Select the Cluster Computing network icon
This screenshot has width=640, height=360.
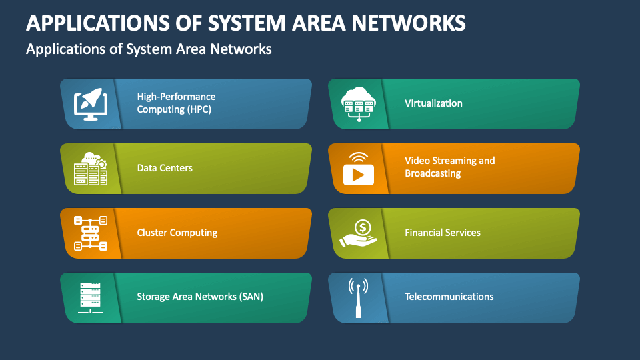click(x=90, y=233)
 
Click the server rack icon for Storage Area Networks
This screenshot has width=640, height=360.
click(x=90, y=297)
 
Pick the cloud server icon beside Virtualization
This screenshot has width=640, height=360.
click(x=359, y=104)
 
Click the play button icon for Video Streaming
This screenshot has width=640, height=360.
click(x=359, y=169)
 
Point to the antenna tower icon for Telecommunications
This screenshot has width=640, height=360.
click(x=359, y=297)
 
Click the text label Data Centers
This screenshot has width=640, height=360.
click(x=165, y=168)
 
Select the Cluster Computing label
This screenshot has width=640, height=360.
click(x=177, y=233)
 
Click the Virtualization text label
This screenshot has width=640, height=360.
click(x=433, y=103)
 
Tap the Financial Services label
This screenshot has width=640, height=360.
click(x=443, y=233)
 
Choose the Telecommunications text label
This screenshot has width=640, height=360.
click(x=449, y=297)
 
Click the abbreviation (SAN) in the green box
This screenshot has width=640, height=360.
click(x=250, y=297)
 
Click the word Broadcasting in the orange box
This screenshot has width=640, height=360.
click(x=433, y=173)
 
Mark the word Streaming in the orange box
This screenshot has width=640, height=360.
click(x=455, y=161)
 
